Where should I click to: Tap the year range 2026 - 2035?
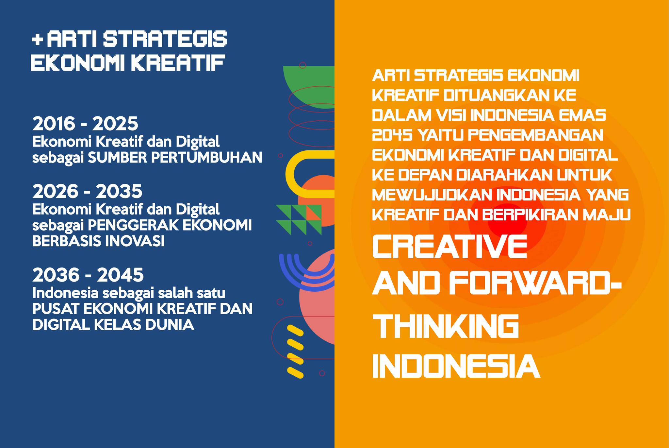click(x=87, y=192)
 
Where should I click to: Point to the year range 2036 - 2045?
click(x=88, y=275)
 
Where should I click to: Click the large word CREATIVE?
click(x=449, y=247)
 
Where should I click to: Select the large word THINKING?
click(x=446, y=326)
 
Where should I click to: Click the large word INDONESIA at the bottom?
click(x=456, y=365)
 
